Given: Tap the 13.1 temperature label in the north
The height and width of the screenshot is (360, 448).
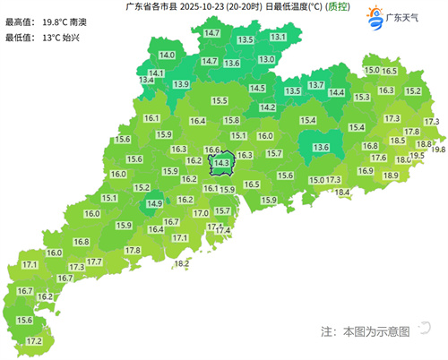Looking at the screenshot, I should pyautogui.click(x=279, y=37).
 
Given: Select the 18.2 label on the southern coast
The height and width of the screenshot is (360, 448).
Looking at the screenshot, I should pyautogui.click(x=182, y=263).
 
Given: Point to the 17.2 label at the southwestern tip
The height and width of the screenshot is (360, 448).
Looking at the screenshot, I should pyautogui.click(x=35, y=341).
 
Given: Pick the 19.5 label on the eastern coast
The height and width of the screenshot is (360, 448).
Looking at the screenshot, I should pyautogui.click(x=416, y=157).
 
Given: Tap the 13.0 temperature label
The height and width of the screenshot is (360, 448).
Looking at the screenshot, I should pyautogui.click(x=266, y=59).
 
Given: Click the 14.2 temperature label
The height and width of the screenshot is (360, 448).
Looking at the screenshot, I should pyautogui.click(x=267, y=107).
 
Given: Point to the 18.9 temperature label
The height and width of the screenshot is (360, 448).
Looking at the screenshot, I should pyautogui.click(x=390, y=176).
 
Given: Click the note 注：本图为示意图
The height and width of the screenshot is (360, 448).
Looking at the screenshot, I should pyautogui.click(x=365, y=331).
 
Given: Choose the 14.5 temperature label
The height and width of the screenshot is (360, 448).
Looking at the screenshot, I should pyautogui.click(x=258, y=88).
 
